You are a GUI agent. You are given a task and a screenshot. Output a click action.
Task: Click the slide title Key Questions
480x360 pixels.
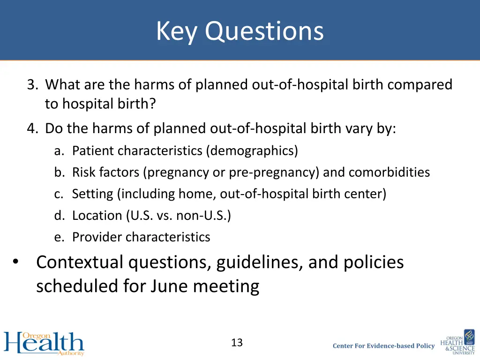point(240,31)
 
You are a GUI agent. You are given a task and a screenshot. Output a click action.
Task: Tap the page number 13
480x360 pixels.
point(237,343)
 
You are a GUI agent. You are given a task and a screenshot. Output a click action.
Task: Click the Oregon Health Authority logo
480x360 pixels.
point(44,343)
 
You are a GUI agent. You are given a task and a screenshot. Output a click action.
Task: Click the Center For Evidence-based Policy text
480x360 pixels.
point(383,346)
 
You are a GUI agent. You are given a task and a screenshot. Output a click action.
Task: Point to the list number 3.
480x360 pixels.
point(32,85)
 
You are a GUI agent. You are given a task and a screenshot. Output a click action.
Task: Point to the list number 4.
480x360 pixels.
point(32,128)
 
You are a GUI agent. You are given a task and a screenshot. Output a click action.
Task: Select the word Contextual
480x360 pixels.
point(80,262)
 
